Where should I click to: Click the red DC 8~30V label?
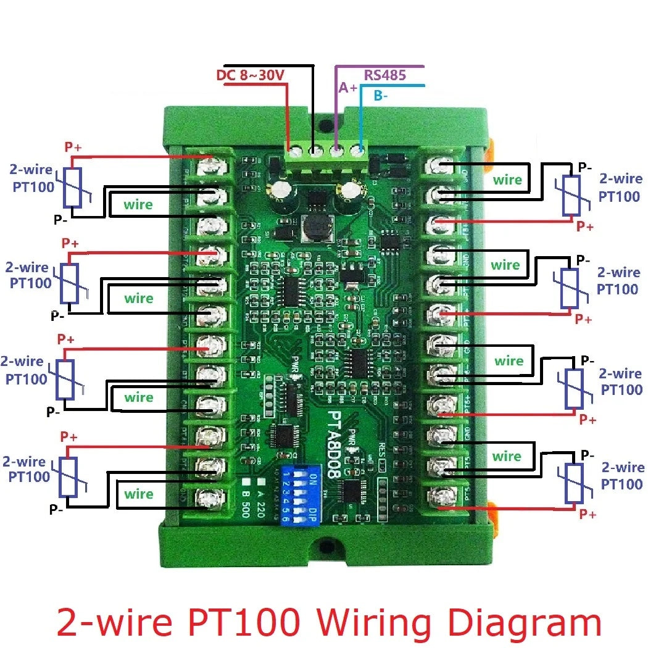coord(251,76)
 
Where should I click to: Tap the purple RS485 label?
coord(384,75)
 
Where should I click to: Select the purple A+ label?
coord(347,88)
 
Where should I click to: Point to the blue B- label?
coord(381,96)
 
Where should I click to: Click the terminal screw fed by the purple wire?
coord(336,150)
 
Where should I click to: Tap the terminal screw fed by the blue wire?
coord(357,150)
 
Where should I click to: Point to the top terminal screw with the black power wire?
coord(315,150)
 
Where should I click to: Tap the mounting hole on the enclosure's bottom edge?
coord(323,546)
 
